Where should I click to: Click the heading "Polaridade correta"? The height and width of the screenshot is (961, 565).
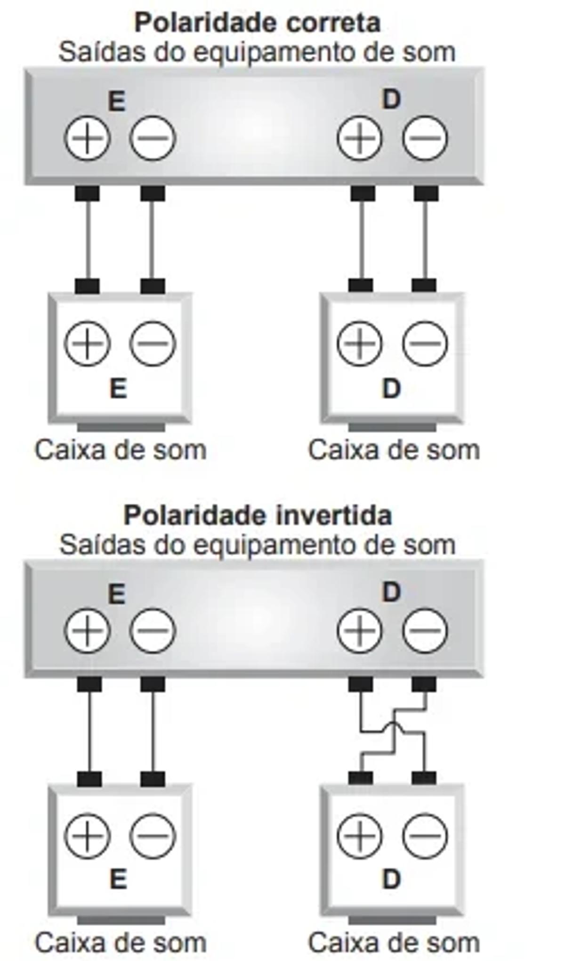coord(257,23)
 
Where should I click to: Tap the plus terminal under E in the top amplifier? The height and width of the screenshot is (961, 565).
coord(87,138)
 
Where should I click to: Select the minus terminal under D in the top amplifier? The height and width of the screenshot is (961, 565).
coord(425,138)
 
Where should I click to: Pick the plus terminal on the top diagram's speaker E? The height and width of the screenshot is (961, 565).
coord(87,343)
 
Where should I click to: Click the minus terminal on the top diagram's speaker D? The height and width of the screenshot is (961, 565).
coord(425,343)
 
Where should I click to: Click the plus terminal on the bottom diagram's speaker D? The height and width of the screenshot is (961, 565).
coord(360,836)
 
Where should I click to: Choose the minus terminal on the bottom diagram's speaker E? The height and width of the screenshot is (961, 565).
coord(153,836)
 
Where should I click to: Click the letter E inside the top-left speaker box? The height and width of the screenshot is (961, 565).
coord(118,389)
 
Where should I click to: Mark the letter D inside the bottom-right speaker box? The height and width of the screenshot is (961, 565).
coord(391,880)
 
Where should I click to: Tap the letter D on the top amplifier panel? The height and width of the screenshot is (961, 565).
coord(391,100)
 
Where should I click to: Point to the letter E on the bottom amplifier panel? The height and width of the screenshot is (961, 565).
coord(117,594)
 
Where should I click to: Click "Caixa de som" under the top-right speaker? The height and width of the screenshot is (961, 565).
coord(394,450)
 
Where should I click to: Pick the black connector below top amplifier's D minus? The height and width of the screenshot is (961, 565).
coord(426,193)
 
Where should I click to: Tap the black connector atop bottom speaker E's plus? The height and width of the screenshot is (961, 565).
coord(89,779)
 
